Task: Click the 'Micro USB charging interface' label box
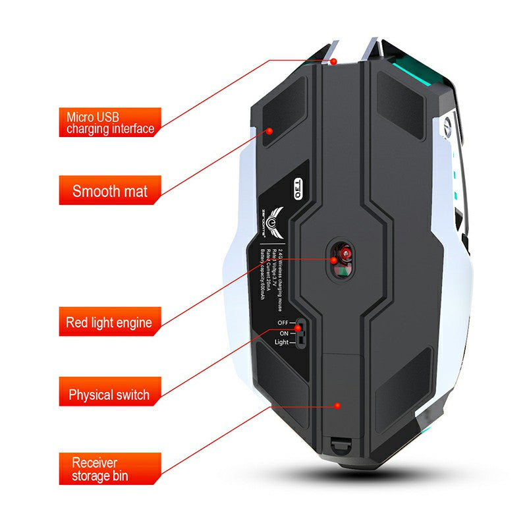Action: pyautogui.click(x=110, y=123)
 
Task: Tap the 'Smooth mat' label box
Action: pyautogui.click(x=110, y=192)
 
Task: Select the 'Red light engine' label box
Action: pyautogui.click(x=109, y=323)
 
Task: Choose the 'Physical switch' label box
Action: pyautogui.click(x=109, y=395)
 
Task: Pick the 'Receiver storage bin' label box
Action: pyautogui.click(x=109, y=469)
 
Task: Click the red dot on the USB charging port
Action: pyautogui.click(x=333, y=61)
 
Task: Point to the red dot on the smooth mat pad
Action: pyautogui.click(x=269, y=130)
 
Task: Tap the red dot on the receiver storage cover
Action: pyautogui.click(x=337, y=406)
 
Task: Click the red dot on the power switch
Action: pyautogui.click(x=298, y=327)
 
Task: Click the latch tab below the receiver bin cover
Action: pyautogui.click(x=339, y=447)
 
